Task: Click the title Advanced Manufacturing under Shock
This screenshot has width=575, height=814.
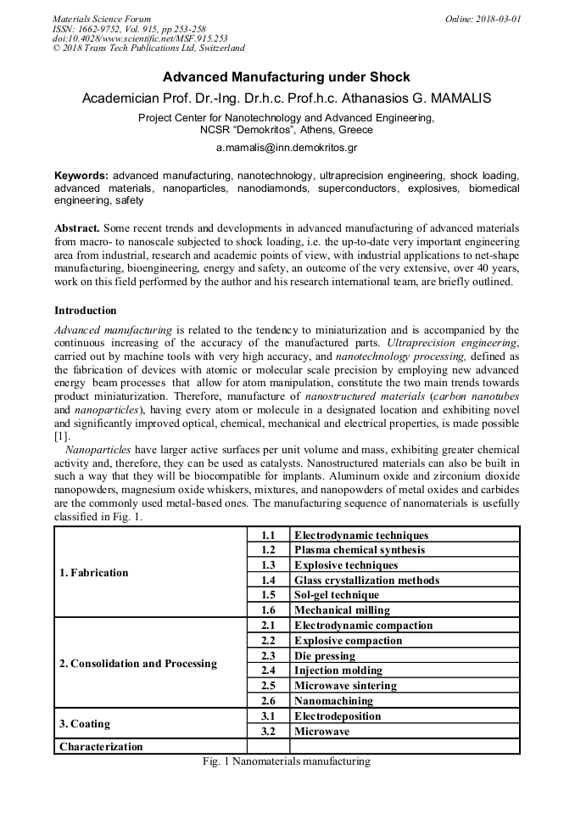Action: [287, 77]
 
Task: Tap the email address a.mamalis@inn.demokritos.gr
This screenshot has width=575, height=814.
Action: [287, 148]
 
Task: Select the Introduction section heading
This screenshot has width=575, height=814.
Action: [86, 311]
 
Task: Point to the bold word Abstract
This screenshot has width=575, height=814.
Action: [77, 229]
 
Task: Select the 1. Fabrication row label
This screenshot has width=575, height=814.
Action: [94, 572]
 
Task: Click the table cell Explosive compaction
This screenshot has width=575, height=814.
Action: [348, 641]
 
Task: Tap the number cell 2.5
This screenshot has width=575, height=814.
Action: [269, 686]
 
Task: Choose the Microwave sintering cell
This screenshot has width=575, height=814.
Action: [345, 686]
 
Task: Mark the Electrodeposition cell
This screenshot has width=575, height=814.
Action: [338, 716]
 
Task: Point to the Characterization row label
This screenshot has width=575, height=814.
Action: [101, 747]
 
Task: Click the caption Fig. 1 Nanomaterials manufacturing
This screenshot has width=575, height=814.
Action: [287, 762]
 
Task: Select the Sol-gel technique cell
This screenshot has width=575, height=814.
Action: [337, 595]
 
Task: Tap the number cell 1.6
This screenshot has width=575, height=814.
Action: [269, 610]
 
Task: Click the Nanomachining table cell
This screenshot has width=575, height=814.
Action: [333, 701]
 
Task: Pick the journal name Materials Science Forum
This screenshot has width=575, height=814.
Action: [102, 18]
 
